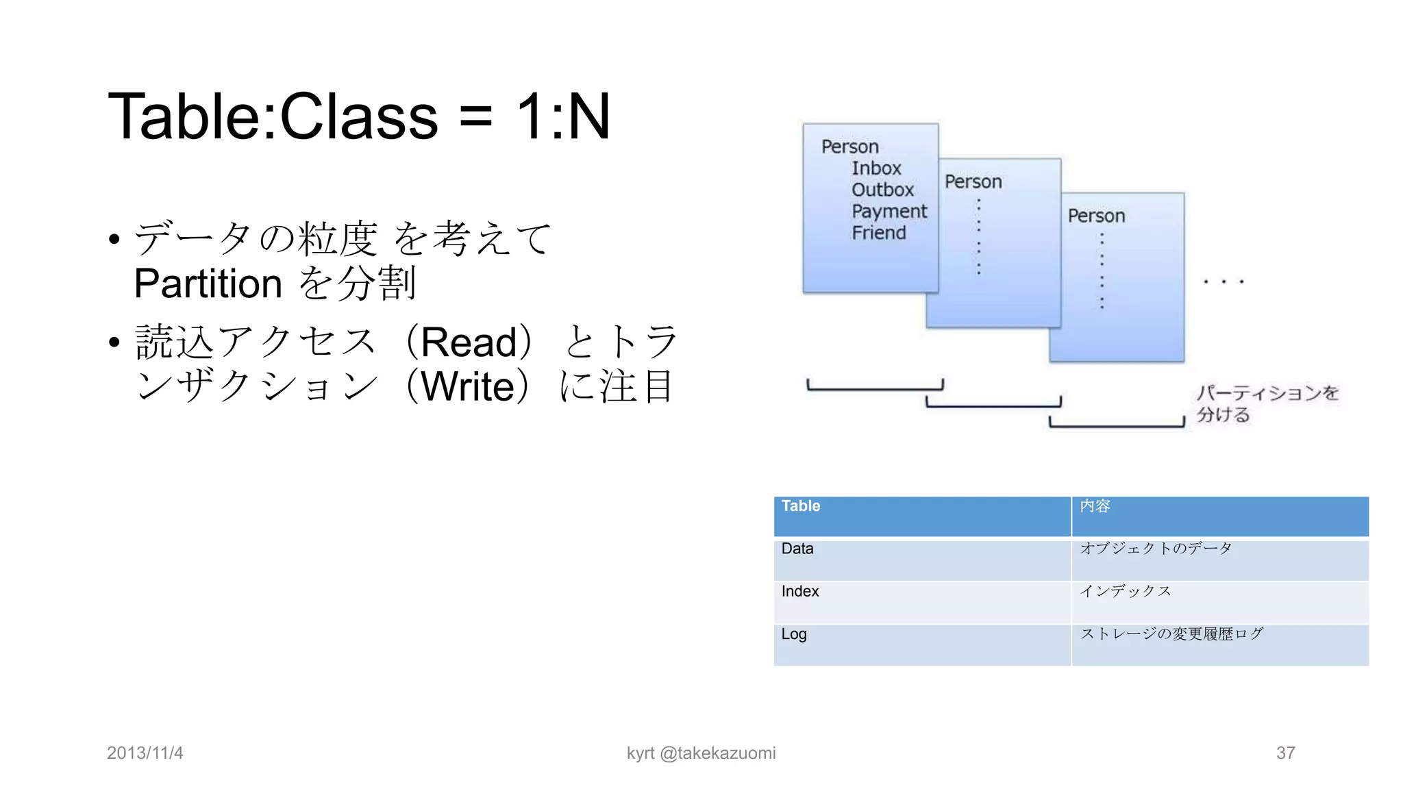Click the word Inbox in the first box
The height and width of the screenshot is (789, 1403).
click(876, 168)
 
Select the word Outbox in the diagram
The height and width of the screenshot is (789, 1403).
click(882, 190)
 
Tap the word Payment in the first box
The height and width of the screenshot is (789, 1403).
click(889, 212)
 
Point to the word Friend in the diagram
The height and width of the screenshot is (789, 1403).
click(879, 234)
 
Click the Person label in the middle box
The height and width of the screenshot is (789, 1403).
click(973, 182)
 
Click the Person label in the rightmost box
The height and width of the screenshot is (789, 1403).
click(1096, 216)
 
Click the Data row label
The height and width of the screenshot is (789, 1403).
click(797, 549)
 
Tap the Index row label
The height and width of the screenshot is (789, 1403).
click(800, 591)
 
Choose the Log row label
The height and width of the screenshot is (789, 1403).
click(794, 634)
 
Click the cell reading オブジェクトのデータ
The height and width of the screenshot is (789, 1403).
click(1156, 549)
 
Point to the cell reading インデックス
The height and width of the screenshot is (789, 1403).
click(1126, 591)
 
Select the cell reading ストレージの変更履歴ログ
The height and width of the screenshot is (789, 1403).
click(1171, 634)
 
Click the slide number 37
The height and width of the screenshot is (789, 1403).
click(1285, 753)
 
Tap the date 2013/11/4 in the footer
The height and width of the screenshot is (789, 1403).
click(145, 753)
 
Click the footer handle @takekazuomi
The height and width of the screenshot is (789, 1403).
click(717, 753)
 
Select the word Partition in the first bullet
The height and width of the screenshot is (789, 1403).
click(208, 284)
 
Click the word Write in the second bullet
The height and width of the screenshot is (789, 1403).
click(468, 387)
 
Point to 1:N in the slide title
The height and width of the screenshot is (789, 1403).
click(562, 116)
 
